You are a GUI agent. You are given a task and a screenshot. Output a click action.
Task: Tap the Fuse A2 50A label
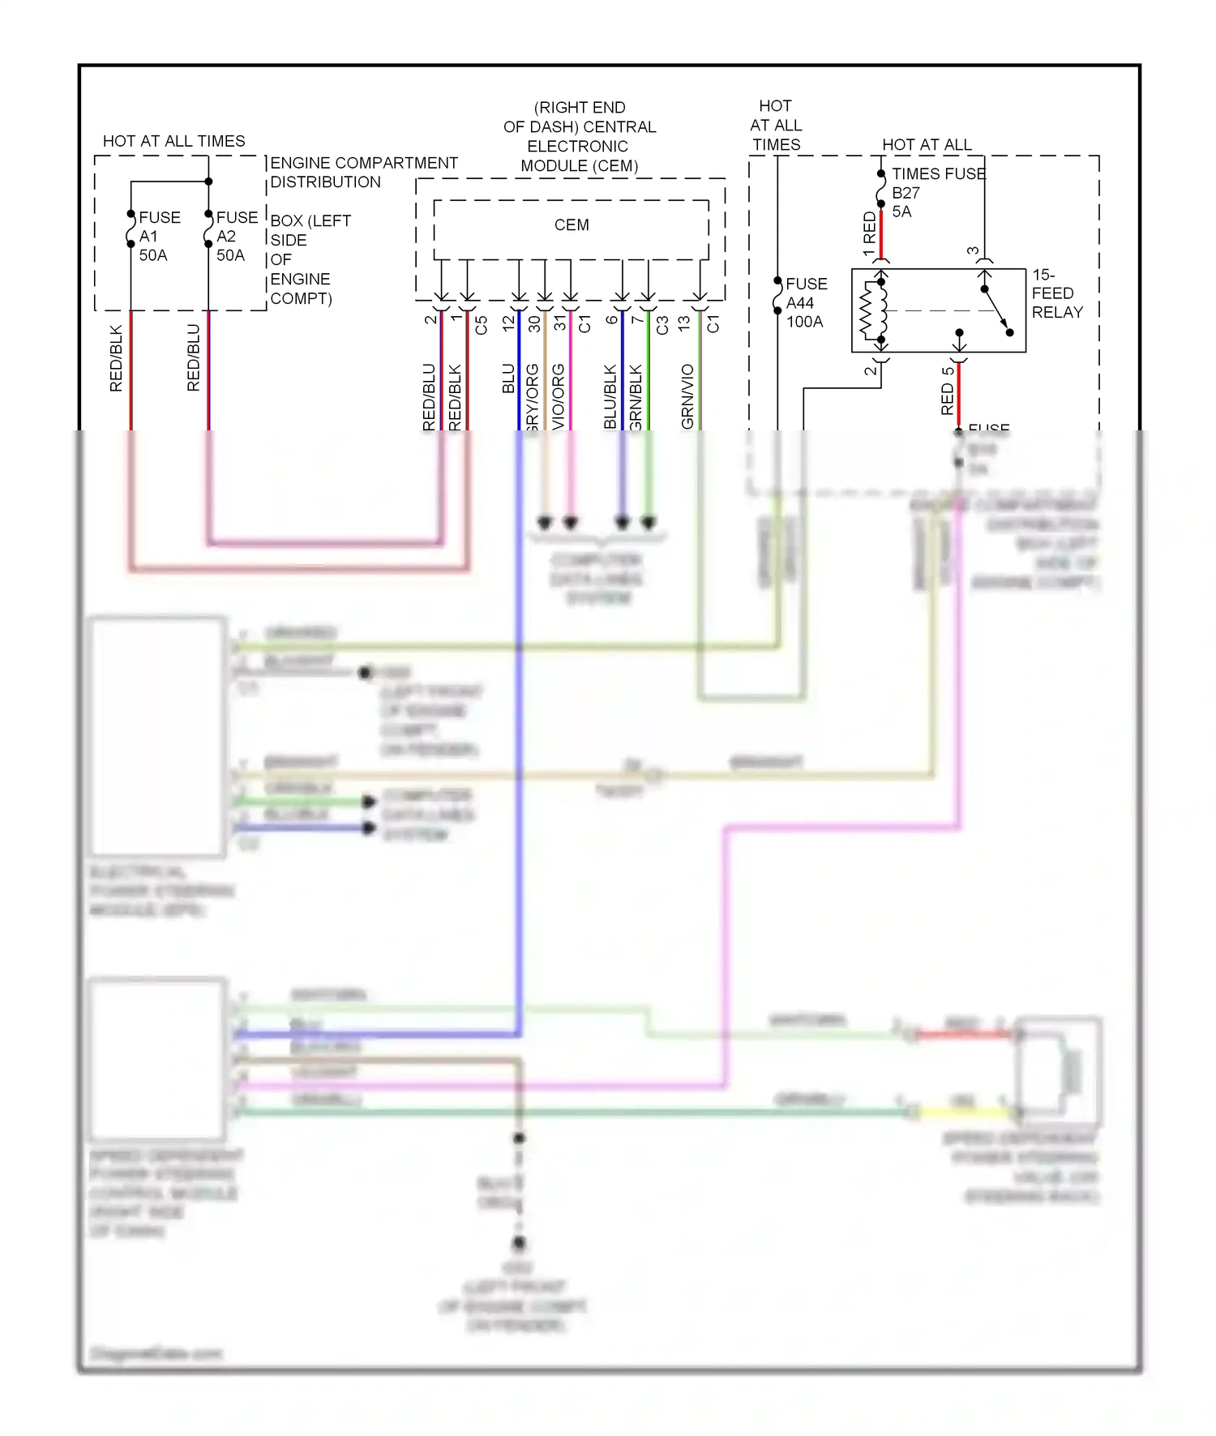coord(235,237)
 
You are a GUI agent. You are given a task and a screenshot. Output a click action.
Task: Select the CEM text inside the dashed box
coord(572,225)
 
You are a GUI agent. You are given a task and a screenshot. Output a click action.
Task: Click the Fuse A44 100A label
coord(806,303)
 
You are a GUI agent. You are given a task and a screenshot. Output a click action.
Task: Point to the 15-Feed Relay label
coord(1056,293)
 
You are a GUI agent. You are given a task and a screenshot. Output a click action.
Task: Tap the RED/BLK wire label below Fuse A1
coord(116,359)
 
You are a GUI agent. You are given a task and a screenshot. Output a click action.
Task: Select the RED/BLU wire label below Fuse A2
coord(193,358)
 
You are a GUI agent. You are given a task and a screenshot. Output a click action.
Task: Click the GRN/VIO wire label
coord(687,396)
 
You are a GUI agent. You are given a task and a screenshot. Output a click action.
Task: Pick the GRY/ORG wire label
coord(533,397)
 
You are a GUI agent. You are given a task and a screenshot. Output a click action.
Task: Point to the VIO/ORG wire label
coord(559,396)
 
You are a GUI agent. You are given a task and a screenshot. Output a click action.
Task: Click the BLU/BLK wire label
coord(610,396)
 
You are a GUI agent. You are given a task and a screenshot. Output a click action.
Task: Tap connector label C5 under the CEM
coord(481,325)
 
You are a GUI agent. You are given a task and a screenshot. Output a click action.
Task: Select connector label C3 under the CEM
coord(662,325)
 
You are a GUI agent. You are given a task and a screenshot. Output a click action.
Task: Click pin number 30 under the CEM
coord(534,324)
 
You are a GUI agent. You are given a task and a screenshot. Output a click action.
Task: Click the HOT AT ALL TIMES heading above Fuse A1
coord(173,141)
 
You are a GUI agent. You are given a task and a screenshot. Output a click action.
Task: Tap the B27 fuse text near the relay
coord(906,193)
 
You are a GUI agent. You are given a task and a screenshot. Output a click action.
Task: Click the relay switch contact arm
coord(996,310)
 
